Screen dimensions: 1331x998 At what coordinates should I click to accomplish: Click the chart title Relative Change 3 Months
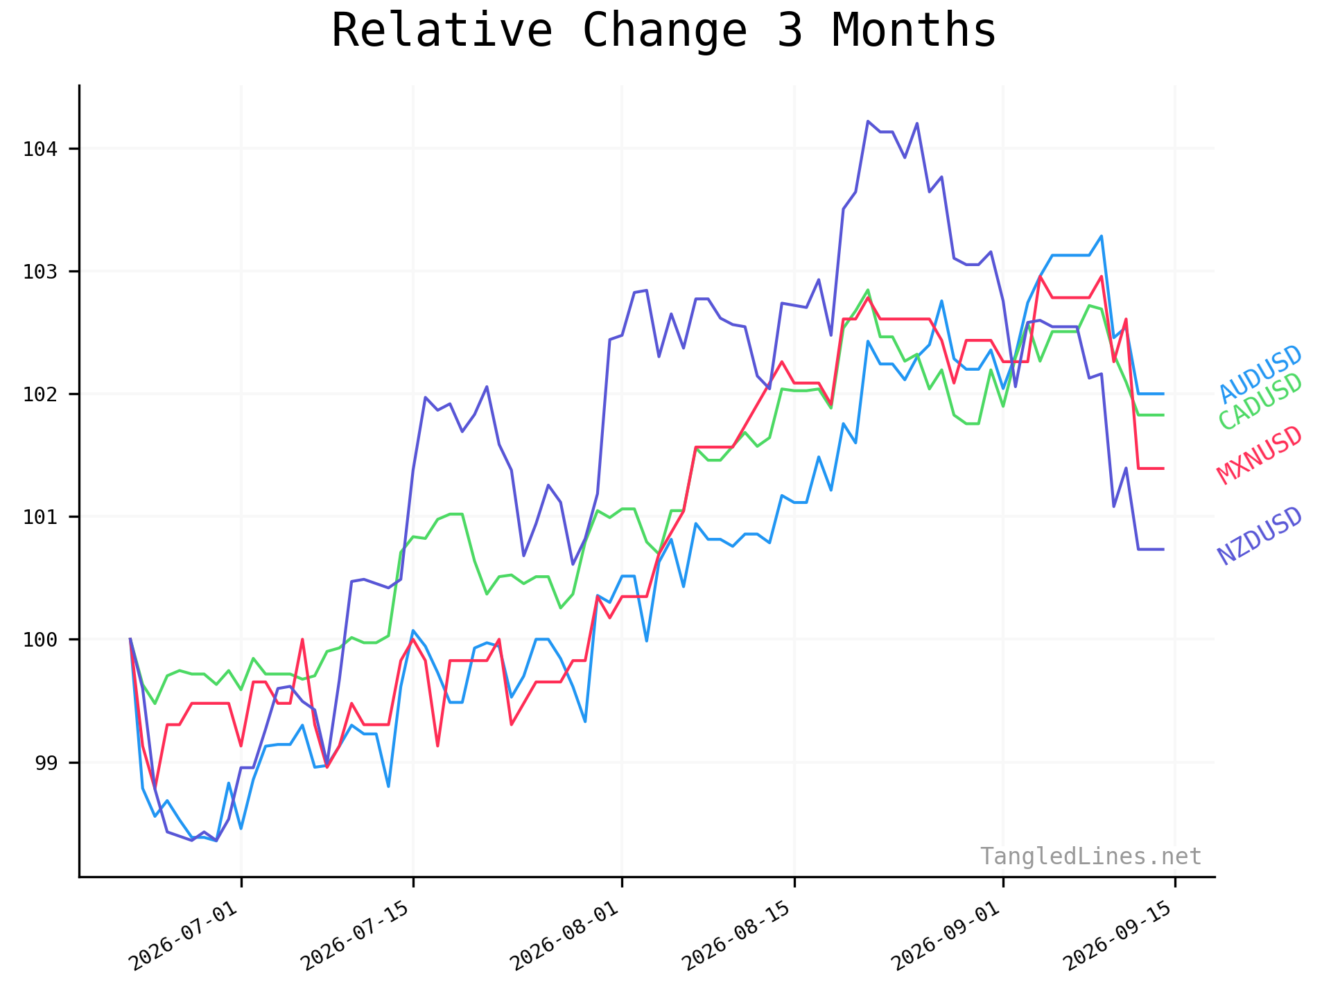click(x=663, y=30)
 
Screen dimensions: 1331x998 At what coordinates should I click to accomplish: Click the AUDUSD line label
click(x=1261, y=374)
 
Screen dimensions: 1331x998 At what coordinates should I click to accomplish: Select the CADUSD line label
click(x=1261, y=401)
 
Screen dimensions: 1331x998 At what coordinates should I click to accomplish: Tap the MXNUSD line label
click(x=1260, y=455)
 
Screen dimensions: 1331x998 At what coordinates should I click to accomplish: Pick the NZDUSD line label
click(x=1260, y=536)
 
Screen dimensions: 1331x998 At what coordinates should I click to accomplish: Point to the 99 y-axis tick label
click(x=48, y=763)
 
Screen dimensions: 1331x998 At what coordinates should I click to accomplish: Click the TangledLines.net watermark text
click(x=1090, y=857)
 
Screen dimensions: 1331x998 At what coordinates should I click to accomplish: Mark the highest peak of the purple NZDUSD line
click(x=868, y=121)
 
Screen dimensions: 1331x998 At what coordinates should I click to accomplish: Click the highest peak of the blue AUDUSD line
click(x=1102, y=236)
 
